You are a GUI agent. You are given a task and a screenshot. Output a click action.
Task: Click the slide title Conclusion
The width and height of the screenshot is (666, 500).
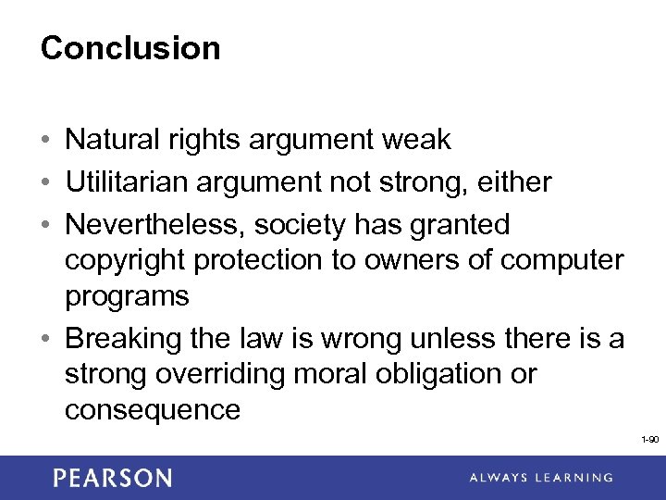(x=130, y=48)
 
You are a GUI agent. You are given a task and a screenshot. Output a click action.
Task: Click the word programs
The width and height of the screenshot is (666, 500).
(x=127, y=297)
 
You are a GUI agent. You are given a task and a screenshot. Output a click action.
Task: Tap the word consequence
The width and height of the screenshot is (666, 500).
(x=153, y=409)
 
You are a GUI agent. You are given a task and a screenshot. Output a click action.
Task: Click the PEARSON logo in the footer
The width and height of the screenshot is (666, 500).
(x=112, y=478)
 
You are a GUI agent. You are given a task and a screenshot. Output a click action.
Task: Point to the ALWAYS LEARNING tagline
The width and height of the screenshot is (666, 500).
(x=540, y=478)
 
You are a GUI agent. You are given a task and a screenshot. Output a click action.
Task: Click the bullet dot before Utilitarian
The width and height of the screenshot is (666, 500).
(x=46, y=183)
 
